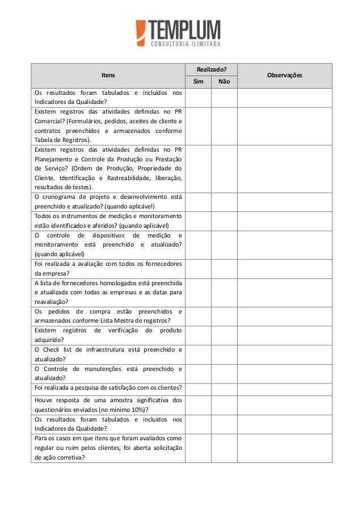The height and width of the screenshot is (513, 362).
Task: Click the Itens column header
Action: point(108,75)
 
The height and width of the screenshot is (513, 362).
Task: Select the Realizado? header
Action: point(211,68)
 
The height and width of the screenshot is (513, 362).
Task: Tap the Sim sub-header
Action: point(198,82)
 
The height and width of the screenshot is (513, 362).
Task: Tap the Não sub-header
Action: point(224,82)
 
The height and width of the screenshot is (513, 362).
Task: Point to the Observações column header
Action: point(284,75)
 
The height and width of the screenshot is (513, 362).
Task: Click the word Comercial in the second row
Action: point(49,120)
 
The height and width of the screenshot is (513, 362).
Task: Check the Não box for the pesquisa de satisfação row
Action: point(224,388)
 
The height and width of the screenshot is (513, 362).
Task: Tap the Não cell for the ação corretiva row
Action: point(224,448)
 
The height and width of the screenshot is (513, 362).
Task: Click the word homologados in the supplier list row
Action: point(113,283)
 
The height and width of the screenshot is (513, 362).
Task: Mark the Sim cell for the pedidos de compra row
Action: point(198,316)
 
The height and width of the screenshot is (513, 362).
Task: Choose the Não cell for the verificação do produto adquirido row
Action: point(224,335)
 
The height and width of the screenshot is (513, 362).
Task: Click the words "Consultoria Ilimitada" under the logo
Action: point(185,43)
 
